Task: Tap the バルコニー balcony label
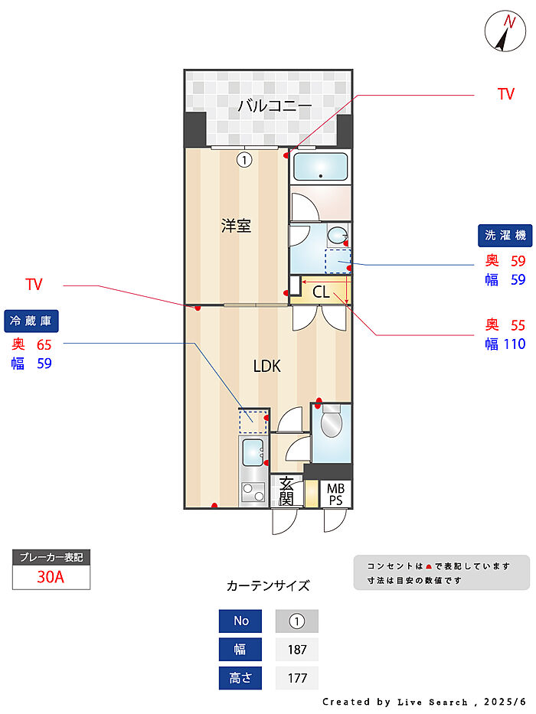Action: pyautogui.click(x=274, y=106)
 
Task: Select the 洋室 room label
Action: pyautogui.click(x=236, y=226)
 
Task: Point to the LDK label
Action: pyautogui.click(x=266, y=366)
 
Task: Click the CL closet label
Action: pyautogui.click(x=321, y=292)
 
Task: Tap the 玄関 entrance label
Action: pyautogui.click(x=286, y=491)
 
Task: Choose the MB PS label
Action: pyautogui.click(x=335, y=494)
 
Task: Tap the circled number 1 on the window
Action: pyautogui.click(x=243, y=160)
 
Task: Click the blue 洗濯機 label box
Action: pyautogui.click(x=504, y=235)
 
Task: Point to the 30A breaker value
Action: pyautogui.click(x=51, y=578)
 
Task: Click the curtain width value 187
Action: pyautogui.click(x=296, y=650)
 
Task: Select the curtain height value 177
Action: pyautogui.click(x=296, y=678)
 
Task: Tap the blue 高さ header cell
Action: pyautogui.click(x=240, y=678)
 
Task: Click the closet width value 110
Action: pyautogui.click(x=515, y=344)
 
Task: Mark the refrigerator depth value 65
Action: pyautogui.click(x=44, y=345)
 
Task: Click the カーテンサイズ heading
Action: pyautogui.click(x=268, y=586)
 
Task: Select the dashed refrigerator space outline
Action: pyautogui.click(x=253, y=422)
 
